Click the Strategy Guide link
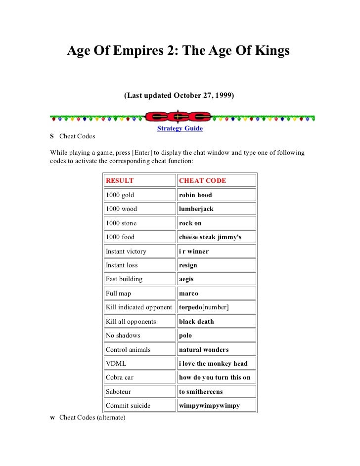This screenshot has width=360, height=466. coord(180,128)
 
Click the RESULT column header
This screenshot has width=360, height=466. coord(120,181)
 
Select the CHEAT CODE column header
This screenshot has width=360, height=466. coord(202,181)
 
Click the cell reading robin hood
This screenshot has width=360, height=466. coord(195,195)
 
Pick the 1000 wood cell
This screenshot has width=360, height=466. coord(121,209)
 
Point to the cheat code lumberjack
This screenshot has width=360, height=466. coord(196,209)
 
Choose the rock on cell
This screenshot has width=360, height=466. coord(190,223)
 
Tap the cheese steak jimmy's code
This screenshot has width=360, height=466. coord(210,237)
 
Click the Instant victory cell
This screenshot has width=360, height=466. coord(126,252)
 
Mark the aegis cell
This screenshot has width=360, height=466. coord(186,279)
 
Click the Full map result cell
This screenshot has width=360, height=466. coord(118,294)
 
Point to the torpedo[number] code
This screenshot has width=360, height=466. coord(204,307)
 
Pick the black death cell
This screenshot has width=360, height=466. coord(196,322)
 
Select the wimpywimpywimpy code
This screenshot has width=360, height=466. coord(209,406)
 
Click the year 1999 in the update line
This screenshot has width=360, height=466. coord(224,94)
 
